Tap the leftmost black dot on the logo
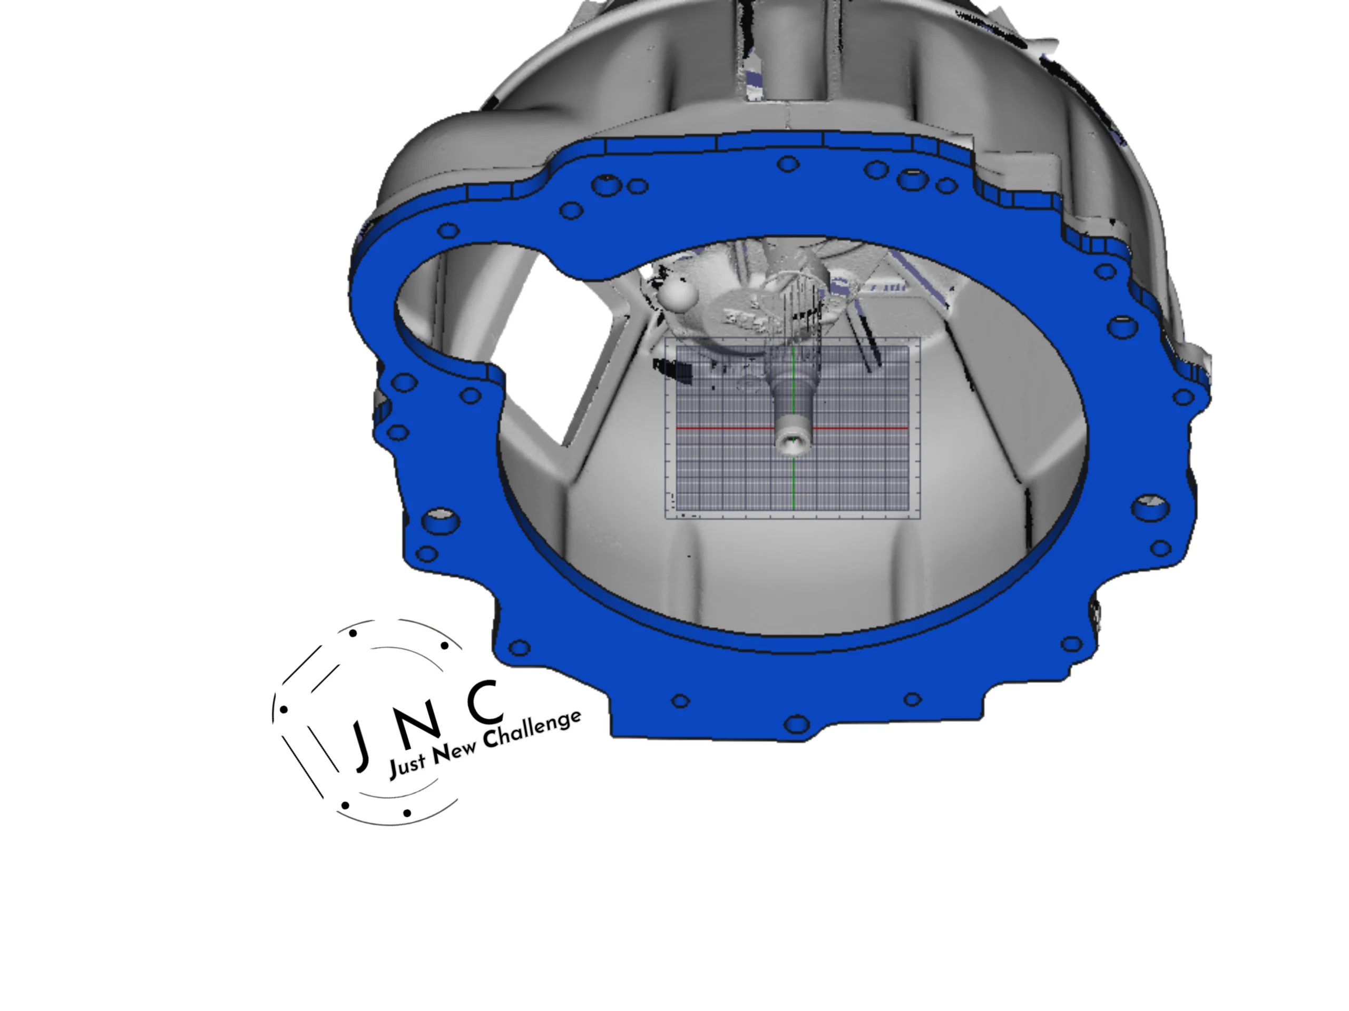[x=283, y=709]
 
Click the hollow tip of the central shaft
[x=791, y=442]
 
